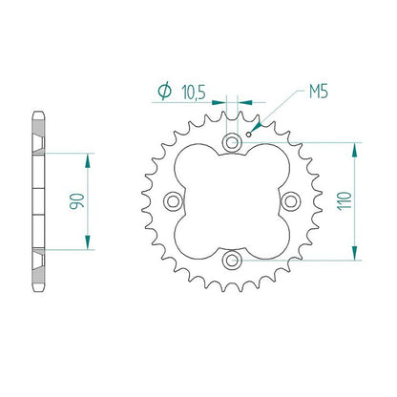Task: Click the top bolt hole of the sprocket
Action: (232, 142)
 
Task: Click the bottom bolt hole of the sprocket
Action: (232, 260)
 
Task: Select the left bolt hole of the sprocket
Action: (173, 201)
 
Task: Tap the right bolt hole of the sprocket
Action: (291, 201)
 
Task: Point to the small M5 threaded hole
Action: (249, 135)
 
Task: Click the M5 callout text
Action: (319, 92)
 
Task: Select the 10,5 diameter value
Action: (194, 93)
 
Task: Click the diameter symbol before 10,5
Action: (165, 92)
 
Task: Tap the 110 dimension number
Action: (345, 200)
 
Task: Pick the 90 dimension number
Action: (77, 201)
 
